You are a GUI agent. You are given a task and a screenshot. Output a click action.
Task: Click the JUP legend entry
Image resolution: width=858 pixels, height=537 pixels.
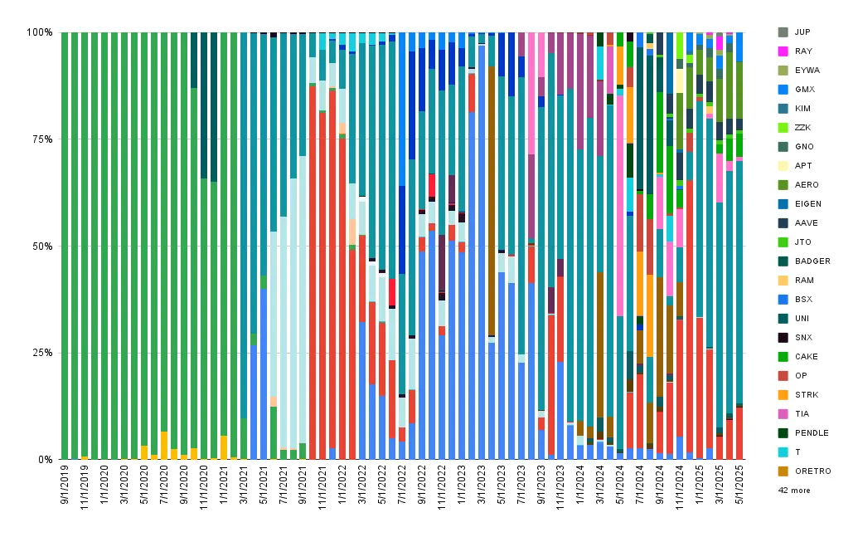click(x=794, y=32)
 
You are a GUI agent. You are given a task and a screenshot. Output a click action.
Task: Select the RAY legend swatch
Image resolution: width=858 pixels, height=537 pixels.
click(x=783, y=51)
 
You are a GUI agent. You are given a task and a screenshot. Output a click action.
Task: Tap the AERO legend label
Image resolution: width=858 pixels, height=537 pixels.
click(x=807, y=185)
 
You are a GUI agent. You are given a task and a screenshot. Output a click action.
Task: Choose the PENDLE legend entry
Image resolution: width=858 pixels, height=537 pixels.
click(x=803, y=433)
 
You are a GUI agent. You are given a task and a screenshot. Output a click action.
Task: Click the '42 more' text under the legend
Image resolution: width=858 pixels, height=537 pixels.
click(x=794, y=491)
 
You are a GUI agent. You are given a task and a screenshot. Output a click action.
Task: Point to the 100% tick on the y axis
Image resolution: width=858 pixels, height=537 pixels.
click(x=40, y=32)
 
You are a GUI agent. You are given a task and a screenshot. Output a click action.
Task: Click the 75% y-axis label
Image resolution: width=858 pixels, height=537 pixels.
click(x=42, y=139)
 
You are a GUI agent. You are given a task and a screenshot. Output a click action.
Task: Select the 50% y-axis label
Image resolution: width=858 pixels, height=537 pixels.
click(x=42, y=246)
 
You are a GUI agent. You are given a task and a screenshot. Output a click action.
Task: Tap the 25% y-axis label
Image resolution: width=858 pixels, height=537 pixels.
click(x=42, y=353)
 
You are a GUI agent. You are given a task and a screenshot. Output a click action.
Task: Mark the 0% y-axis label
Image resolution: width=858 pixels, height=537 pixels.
click(x=45, y=460)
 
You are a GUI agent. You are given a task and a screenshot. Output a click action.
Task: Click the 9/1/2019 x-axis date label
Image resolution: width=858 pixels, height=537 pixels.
click(x=65, y=485)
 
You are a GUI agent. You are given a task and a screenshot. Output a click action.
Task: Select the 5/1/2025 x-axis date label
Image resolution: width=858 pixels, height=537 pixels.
click(x=739, y=485)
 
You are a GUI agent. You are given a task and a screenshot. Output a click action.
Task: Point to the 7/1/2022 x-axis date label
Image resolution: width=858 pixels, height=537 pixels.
click(x=402, y=485)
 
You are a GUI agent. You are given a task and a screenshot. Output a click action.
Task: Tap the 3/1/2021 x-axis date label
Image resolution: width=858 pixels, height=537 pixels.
click(x=244, y=485)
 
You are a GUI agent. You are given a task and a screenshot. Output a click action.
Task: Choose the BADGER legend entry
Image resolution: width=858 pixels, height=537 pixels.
click(x=804, y=261)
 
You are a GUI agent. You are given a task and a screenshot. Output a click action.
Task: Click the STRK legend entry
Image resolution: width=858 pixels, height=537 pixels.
click(x=798, y=395)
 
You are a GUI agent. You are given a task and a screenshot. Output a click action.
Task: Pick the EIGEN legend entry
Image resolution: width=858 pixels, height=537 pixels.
click(x=800, y=204)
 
